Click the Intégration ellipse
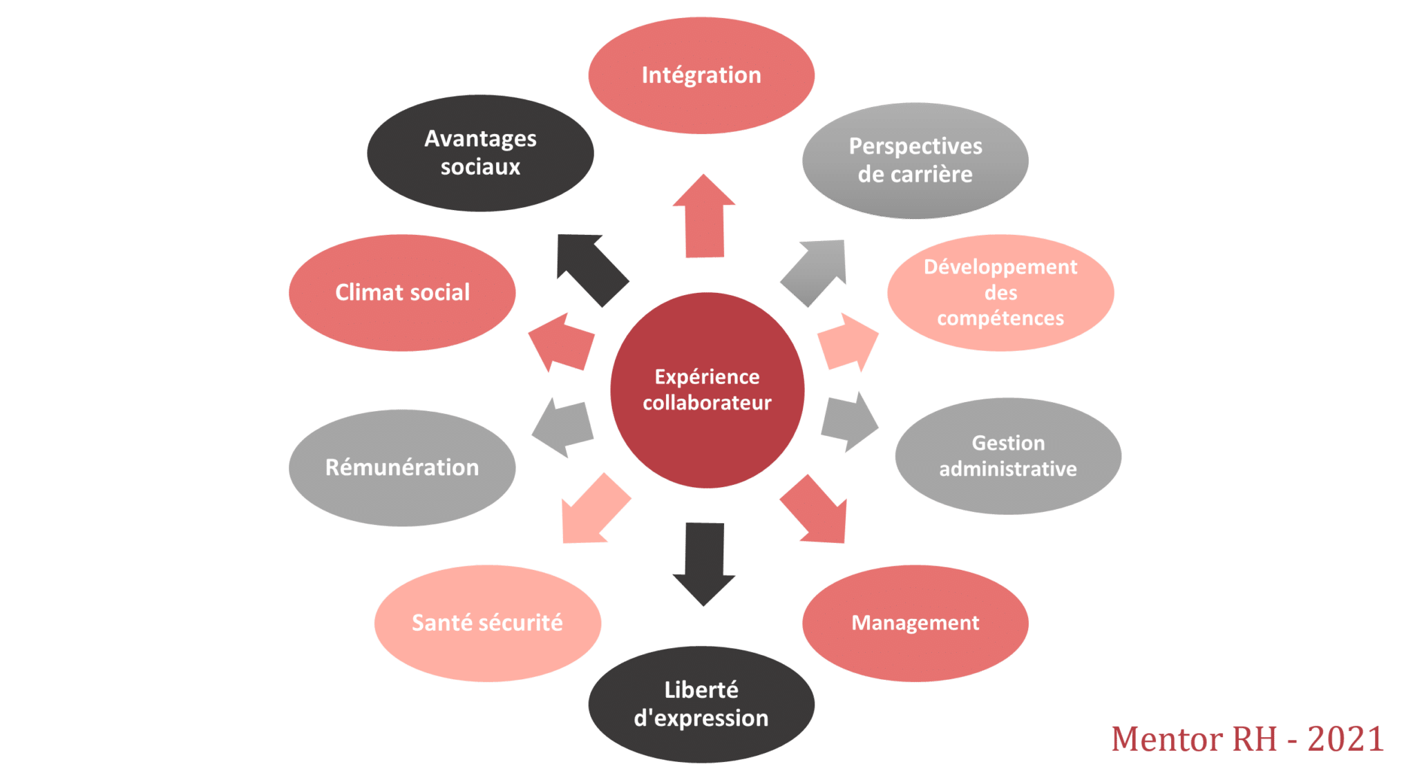coord(701,75)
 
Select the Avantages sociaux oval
coord(480,153)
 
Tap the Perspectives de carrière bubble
coord(915,160)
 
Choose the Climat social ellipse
coord(402,292)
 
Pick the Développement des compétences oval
coord(1000,292)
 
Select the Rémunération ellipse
coord(402,468)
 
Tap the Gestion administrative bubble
coord(1008,456)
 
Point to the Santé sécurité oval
coord(487,623)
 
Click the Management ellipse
coord(915,623)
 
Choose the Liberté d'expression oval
coord(701,704)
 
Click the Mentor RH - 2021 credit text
coord(1247,739)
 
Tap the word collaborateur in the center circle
coord(707,403)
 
